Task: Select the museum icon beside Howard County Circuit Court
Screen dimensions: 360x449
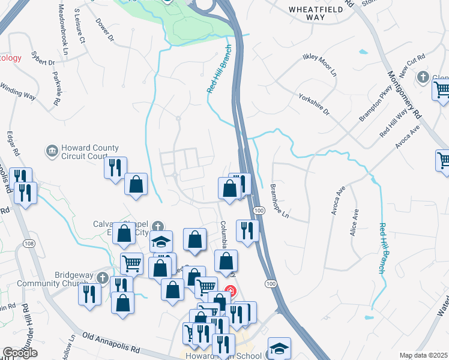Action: point(52,150)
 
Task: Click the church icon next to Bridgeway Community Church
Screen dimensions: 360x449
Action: point(103,278)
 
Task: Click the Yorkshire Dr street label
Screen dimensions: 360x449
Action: point(314,103)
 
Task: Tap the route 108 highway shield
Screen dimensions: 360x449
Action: point(29,243)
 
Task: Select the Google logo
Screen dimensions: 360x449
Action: point(20,353)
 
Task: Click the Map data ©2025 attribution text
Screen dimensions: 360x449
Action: point(424,355)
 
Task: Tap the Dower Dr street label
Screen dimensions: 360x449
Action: point(104,30)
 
